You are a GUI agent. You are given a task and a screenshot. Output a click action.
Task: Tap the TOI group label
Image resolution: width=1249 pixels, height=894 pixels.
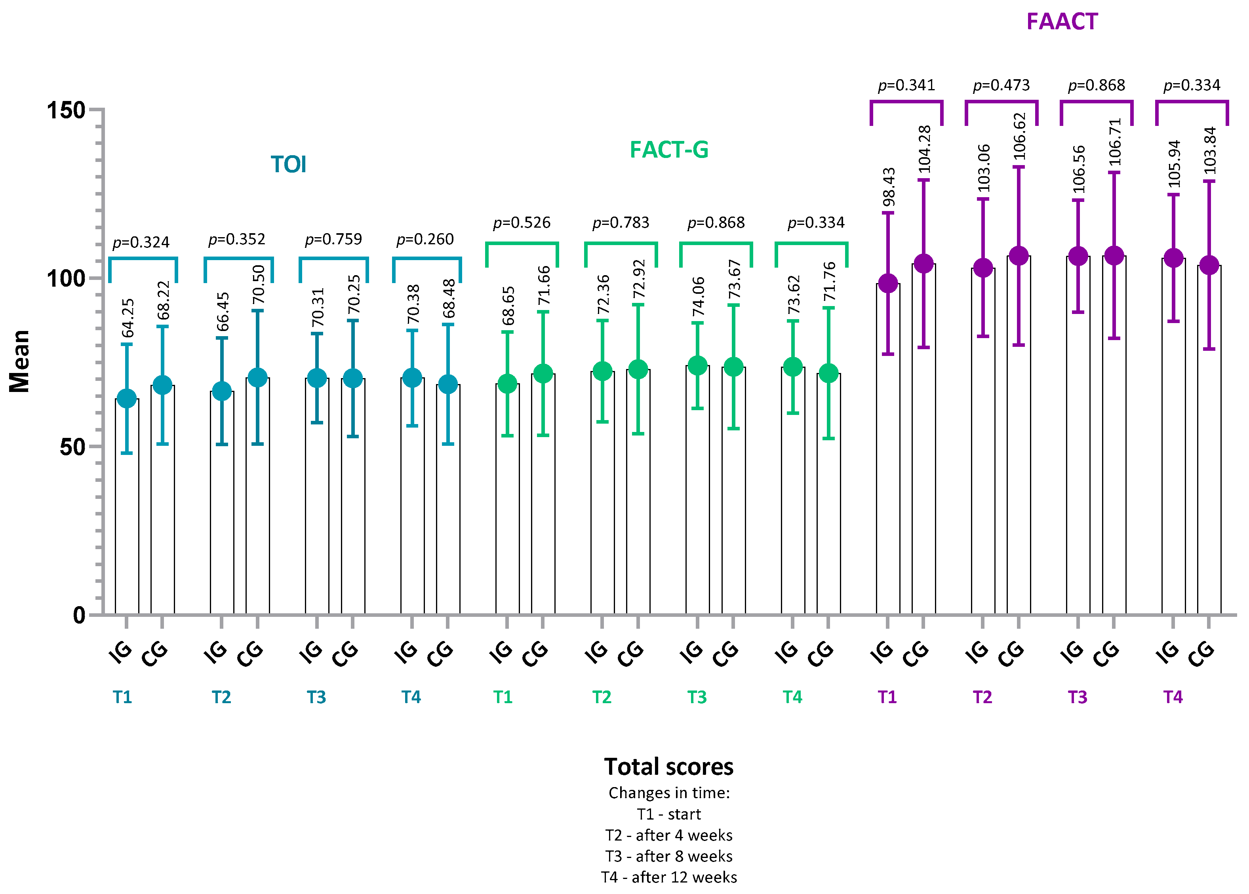pos(288,165)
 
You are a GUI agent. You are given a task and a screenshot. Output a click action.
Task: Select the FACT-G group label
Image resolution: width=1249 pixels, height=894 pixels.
pos(668,150)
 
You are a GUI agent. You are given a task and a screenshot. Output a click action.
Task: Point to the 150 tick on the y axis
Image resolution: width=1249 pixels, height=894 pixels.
pos(66,110)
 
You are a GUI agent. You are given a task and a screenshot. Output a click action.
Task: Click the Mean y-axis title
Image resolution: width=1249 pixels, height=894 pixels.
pos(20,361)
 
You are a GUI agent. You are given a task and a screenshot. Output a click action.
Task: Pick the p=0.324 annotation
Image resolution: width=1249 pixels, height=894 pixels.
pos(141,242)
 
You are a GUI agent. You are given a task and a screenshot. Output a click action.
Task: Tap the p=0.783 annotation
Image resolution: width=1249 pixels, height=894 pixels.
pos(621,223)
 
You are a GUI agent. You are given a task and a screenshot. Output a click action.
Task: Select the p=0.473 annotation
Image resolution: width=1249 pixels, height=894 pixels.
pos(1001,86)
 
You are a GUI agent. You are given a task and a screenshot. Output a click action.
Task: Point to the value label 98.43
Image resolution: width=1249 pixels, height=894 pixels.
pos(889,187)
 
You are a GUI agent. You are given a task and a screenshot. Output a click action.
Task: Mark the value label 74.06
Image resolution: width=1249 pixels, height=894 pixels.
pos(698,296)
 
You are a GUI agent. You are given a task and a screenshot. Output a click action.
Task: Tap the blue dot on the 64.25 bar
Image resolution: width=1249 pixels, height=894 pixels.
pos(127,399)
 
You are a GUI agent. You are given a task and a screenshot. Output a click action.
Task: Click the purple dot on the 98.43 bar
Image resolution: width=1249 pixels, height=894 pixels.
pos(887,283)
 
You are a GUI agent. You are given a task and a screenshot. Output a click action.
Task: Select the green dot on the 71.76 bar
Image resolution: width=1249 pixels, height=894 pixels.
pos(828,374)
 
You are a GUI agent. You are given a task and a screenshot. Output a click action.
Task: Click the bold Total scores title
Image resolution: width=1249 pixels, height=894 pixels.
pos(668,766)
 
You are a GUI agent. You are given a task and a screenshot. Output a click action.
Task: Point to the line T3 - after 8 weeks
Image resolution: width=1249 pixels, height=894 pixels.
pos(668,856)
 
